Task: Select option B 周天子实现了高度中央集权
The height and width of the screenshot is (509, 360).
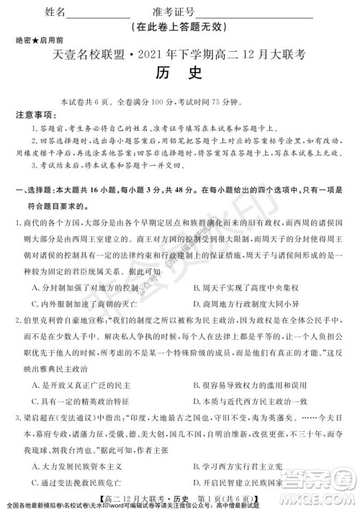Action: pyautogui.click(x=242, y=287)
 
